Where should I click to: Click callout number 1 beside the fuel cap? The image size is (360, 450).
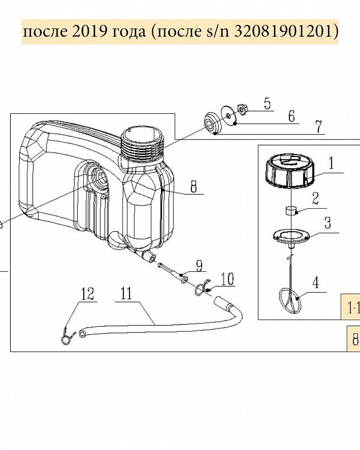pos(331,163)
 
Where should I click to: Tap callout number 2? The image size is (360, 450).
pos(315,198)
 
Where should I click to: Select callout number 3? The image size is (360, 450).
pos(328,223)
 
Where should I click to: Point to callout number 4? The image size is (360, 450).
pos(316,283)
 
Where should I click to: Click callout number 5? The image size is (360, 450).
pos(267,103)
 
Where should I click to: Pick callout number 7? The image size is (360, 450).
pos(319,126)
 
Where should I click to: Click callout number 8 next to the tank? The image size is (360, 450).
pos(194,187)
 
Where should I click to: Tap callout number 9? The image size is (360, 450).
pos(199,266)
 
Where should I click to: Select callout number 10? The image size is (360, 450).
pos(227,279)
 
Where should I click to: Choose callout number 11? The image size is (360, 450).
pos(126,293)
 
